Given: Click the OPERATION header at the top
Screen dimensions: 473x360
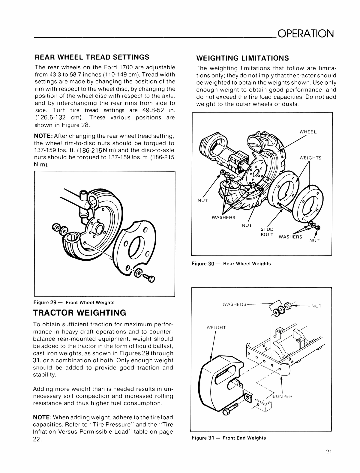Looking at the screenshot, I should point(305,33).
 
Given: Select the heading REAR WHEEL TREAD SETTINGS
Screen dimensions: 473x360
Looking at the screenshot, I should point(92,57).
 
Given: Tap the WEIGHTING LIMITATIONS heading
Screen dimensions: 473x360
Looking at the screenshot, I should point(242,58).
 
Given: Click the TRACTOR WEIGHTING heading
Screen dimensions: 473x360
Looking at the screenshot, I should point(79,313).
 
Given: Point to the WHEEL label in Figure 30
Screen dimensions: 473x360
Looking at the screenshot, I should point(308,132).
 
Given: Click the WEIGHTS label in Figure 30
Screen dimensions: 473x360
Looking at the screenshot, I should point(310,158).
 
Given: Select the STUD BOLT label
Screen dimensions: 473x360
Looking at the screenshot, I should point(267,232).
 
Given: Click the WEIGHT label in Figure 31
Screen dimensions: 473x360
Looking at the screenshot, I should point(216,328).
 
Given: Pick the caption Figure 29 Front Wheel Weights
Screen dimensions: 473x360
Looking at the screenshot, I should point(74,302).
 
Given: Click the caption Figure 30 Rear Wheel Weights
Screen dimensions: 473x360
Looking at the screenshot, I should point(231,264).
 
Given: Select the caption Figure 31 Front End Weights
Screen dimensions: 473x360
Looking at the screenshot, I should point(229,438).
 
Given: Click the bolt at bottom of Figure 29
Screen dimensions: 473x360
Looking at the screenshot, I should point(149,278).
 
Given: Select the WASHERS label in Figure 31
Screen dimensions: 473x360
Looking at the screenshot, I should point(234,304).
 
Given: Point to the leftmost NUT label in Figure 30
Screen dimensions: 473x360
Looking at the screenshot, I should point(203,200).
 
